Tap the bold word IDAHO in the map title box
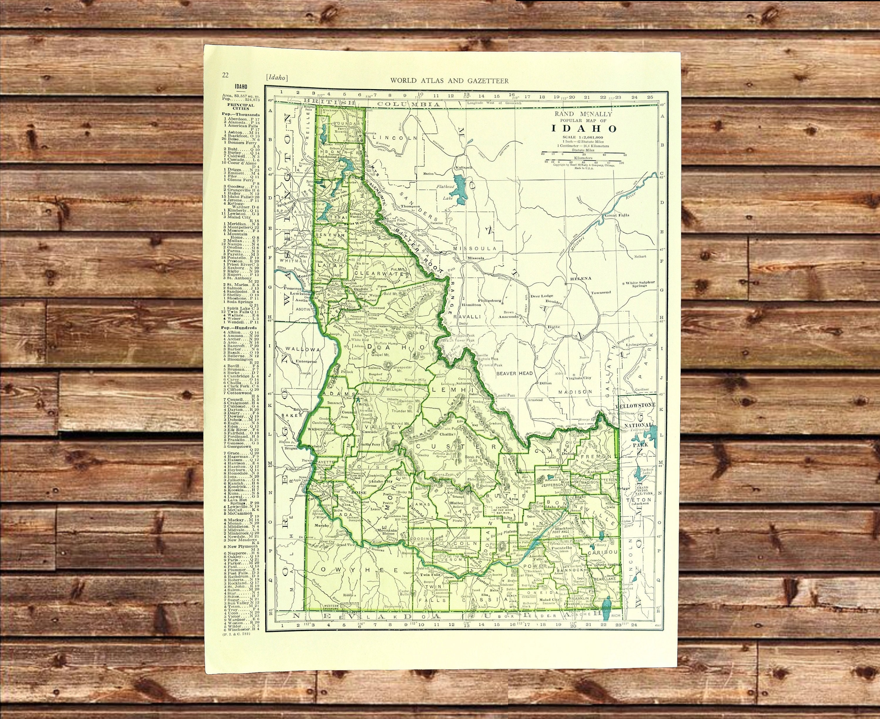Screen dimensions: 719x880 pyautogui.click(x=584, y=129)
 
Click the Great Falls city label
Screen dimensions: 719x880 pyautogui.click(x=617, y=215)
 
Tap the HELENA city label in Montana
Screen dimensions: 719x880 pyautogui.click(x=581, y=278)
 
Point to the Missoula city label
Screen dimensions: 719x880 pyautogui.click(x=475, y=258)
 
